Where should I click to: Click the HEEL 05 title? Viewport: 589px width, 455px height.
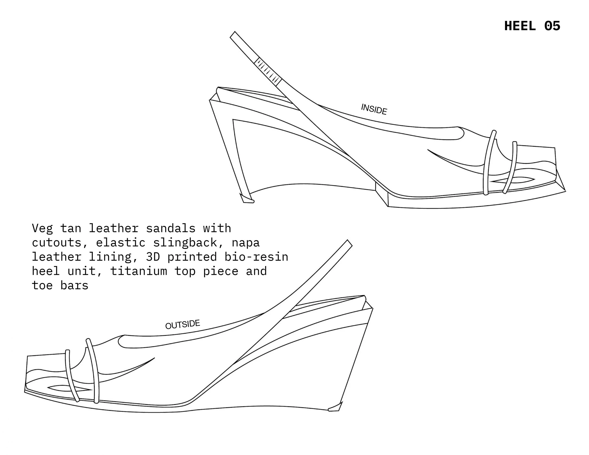[532, 26]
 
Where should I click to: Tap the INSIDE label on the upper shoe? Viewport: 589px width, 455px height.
[374, 109]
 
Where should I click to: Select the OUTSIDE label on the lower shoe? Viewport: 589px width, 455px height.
[183, 324]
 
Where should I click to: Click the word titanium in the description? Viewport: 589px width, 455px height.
[139, 271]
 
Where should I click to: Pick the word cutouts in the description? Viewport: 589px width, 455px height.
[56, 243]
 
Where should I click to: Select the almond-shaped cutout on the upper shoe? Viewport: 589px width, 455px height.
[512, 180]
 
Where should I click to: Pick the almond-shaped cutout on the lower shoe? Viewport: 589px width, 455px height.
[70, 388]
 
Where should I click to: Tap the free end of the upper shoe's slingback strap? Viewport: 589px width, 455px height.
[233, 35]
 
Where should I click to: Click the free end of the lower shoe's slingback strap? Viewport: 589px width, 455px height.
[350, 243]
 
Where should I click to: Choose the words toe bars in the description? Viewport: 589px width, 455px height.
[60, 285]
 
